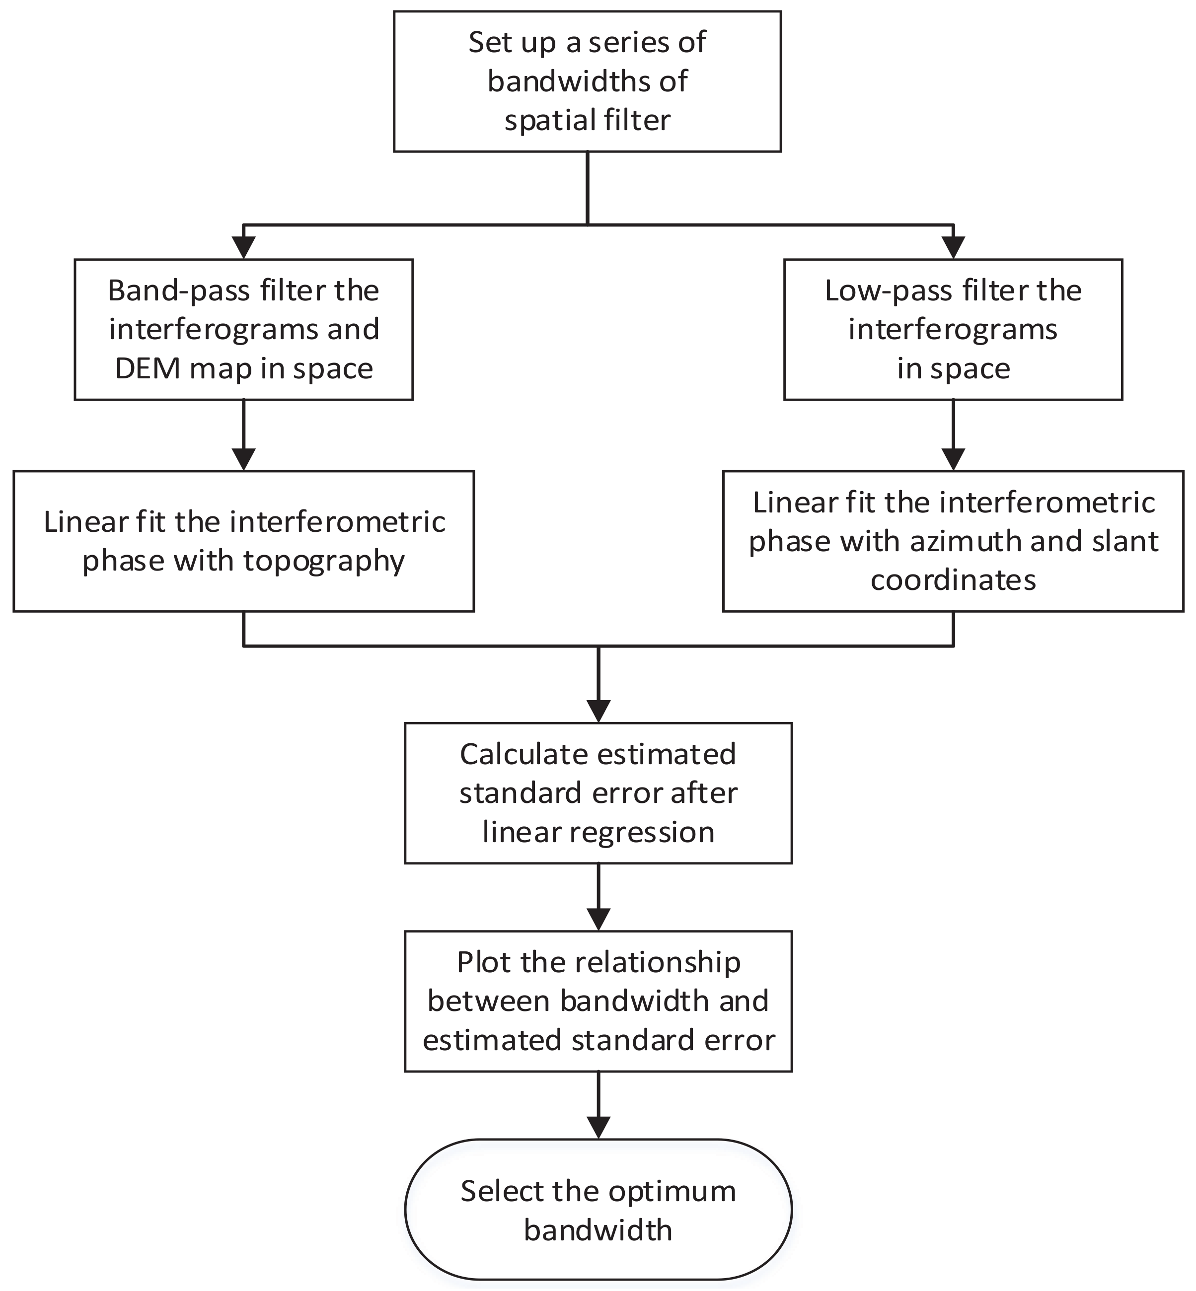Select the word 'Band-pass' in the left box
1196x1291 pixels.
click(168, 291)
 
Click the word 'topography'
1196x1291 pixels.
click(324, 561)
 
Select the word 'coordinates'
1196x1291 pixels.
click(953, 580)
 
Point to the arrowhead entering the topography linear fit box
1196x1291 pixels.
click(243, 459)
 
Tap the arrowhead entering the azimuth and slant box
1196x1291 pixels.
click(953, 459)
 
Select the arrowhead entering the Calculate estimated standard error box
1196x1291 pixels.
click(598, 711)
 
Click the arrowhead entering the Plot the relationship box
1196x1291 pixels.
click(598, 920)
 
